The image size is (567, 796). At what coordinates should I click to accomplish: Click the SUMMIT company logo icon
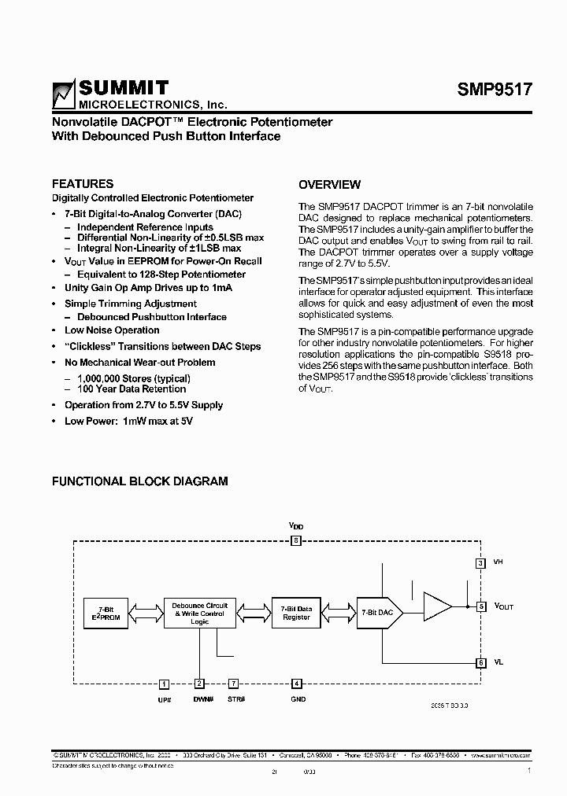64,95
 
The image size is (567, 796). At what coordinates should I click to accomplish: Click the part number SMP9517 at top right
495,90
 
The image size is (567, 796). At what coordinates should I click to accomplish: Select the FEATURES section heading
83,183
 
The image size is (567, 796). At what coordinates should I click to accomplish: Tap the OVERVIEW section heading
329,185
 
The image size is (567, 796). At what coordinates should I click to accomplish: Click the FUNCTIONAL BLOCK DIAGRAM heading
139,481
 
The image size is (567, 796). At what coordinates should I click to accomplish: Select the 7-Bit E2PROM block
105,613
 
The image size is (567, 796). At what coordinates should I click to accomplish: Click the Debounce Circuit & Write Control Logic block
200,612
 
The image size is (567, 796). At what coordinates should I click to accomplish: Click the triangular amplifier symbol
436,606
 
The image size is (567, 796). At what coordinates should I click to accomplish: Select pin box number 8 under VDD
295,540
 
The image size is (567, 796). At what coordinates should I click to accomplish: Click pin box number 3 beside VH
480,562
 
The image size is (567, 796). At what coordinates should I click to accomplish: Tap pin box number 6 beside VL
480,662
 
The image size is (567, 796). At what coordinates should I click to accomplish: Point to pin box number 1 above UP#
164,684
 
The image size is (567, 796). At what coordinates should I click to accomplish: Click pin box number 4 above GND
296,684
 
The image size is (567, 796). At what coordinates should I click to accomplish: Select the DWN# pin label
202,700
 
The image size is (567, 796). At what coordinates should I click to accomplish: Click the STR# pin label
236,700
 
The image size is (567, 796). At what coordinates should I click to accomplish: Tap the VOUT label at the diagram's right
504,606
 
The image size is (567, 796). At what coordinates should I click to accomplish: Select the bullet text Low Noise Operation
112,330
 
